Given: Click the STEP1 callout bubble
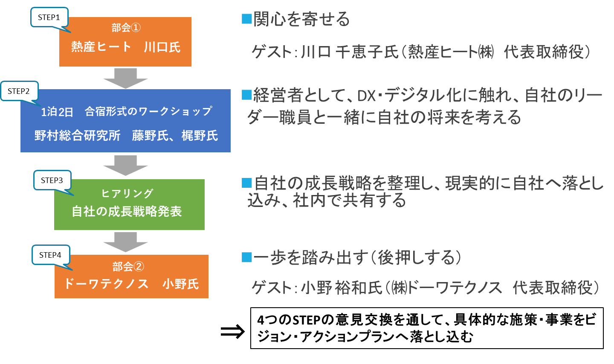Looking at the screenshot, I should tap(49, 17).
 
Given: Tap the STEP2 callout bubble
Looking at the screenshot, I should tap(19, 91).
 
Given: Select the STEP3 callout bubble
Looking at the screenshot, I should tap(52, 180).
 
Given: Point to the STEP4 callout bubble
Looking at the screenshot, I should tap(50, 255).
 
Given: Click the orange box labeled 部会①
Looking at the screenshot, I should tap(125, 42).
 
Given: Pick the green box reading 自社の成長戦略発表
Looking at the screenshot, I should tap(129, 205).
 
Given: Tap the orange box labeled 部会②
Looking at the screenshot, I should tap(131, 277).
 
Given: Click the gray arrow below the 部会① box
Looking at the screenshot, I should tap(125, 78).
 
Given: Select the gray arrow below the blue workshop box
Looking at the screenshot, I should tap(125, 165).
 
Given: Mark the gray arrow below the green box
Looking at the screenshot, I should tap(125, 242).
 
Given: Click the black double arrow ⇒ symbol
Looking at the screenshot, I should tap(233, 331).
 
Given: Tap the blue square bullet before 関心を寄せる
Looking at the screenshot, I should tap(246, 19).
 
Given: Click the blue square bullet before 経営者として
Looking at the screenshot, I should tap(246, 94).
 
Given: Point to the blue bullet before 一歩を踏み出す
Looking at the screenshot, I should tap(246, 257).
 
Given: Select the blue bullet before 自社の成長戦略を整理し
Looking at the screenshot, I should tap(246, 183).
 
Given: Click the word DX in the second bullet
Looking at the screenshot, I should tap(366, 96).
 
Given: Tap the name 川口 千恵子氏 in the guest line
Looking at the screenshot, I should tap(350, 52).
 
